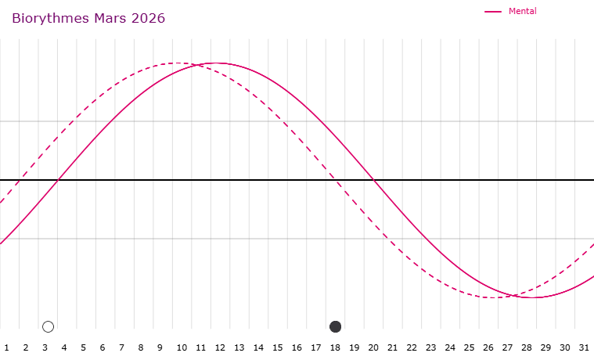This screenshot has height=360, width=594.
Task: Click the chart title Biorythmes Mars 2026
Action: pyautogui.click(x=88, y=18)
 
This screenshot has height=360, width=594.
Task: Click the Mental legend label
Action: pyautogui.click(x=522, y=11)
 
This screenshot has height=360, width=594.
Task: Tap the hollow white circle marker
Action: pyautogui.click(x=48, y=326)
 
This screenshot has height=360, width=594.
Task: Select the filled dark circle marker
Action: pyautogui.click(x=336, y=326)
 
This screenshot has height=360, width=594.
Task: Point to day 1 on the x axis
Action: pyautogui.click(x=6, y=347)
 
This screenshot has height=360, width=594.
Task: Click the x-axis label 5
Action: pyautogui.click(x=83, y=347)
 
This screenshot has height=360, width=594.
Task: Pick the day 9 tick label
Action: pyautogui.click(x=160, y=347)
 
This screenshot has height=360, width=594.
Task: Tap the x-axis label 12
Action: pyautogui.click(x=220, y=347)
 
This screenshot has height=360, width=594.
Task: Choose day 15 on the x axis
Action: pyautogui.click(x=277, y=347)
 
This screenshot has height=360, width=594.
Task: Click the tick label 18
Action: pyautogui.click(x=335, y=347)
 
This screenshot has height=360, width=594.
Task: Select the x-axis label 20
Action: pyautogui.click(x=373, y=347)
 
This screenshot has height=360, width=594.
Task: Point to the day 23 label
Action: pyautogui.click(x=430, y=347)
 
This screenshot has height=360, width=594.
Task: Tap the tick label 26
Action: pyautogui.click(x=488, y=347)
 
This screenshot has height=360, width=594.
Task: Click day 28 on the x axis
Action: pyautogui.click(x=527, y=347)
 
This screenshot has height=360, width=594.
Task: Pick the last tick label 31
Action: pyautogui.click(x=584, y=347)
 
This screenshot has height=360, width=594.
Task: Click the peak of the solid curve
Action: pyautogui.click(x=216, y=63)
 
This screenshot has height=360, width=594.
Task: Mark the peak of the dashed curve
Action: pyautogui.click(x=178, y=63)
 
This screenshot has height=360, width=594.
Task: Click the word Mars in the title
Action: pyautogui.click(x=111, y=18)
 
